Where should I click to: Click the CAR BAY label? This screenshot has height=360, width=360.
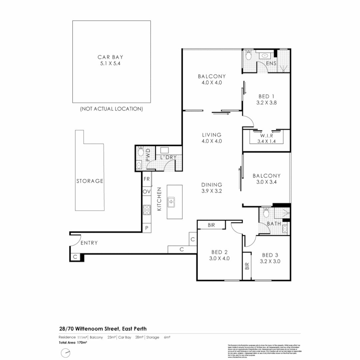(111, 57)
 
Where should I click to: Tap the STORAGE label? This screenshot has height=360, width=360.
(90, 181)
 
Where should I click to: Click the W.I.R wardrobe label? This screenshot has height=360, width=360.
(267, 136)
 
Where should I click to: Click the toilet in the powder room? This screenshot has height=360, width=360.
(140, 152)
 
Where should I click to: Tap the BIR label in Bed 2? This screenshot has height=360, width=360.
(211, 225)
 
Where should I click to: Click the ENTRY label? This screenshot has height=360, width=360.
(89, 243)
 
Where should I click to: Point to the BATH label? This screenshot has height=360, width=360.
(274, 224)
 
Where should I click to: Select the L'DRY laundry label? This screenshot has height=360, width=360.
(168, 157)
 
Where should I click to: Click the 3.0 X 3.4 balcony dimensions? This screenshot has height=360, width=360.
(266, 182)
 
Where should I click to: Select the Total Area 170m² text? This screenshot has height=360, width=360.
(73, 342)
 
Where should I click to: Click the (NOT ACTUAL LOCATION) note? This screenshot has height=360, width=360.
(111, 109)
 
